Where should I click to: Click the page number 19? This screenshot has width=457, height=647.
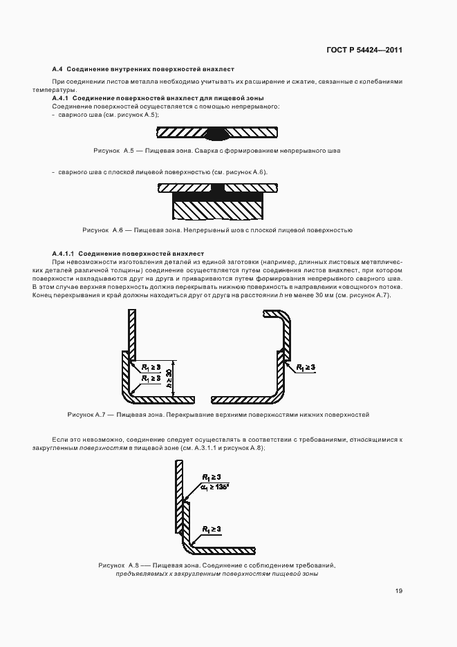coord(399,591)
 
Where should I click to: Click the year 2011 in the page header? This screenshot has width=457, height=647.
coord(391,50)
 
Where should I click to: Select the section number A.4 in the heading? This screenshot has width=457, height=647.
coord(57,69)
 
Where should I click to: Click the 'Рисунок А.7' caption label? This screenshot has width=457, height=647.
coord(86,415)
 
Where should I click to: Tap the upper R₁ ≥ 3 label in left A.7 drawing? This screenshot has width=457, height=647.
coord(151,368)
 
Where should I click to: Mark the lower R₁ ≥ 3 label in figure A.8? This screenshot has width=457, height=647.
coord(212,529)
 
